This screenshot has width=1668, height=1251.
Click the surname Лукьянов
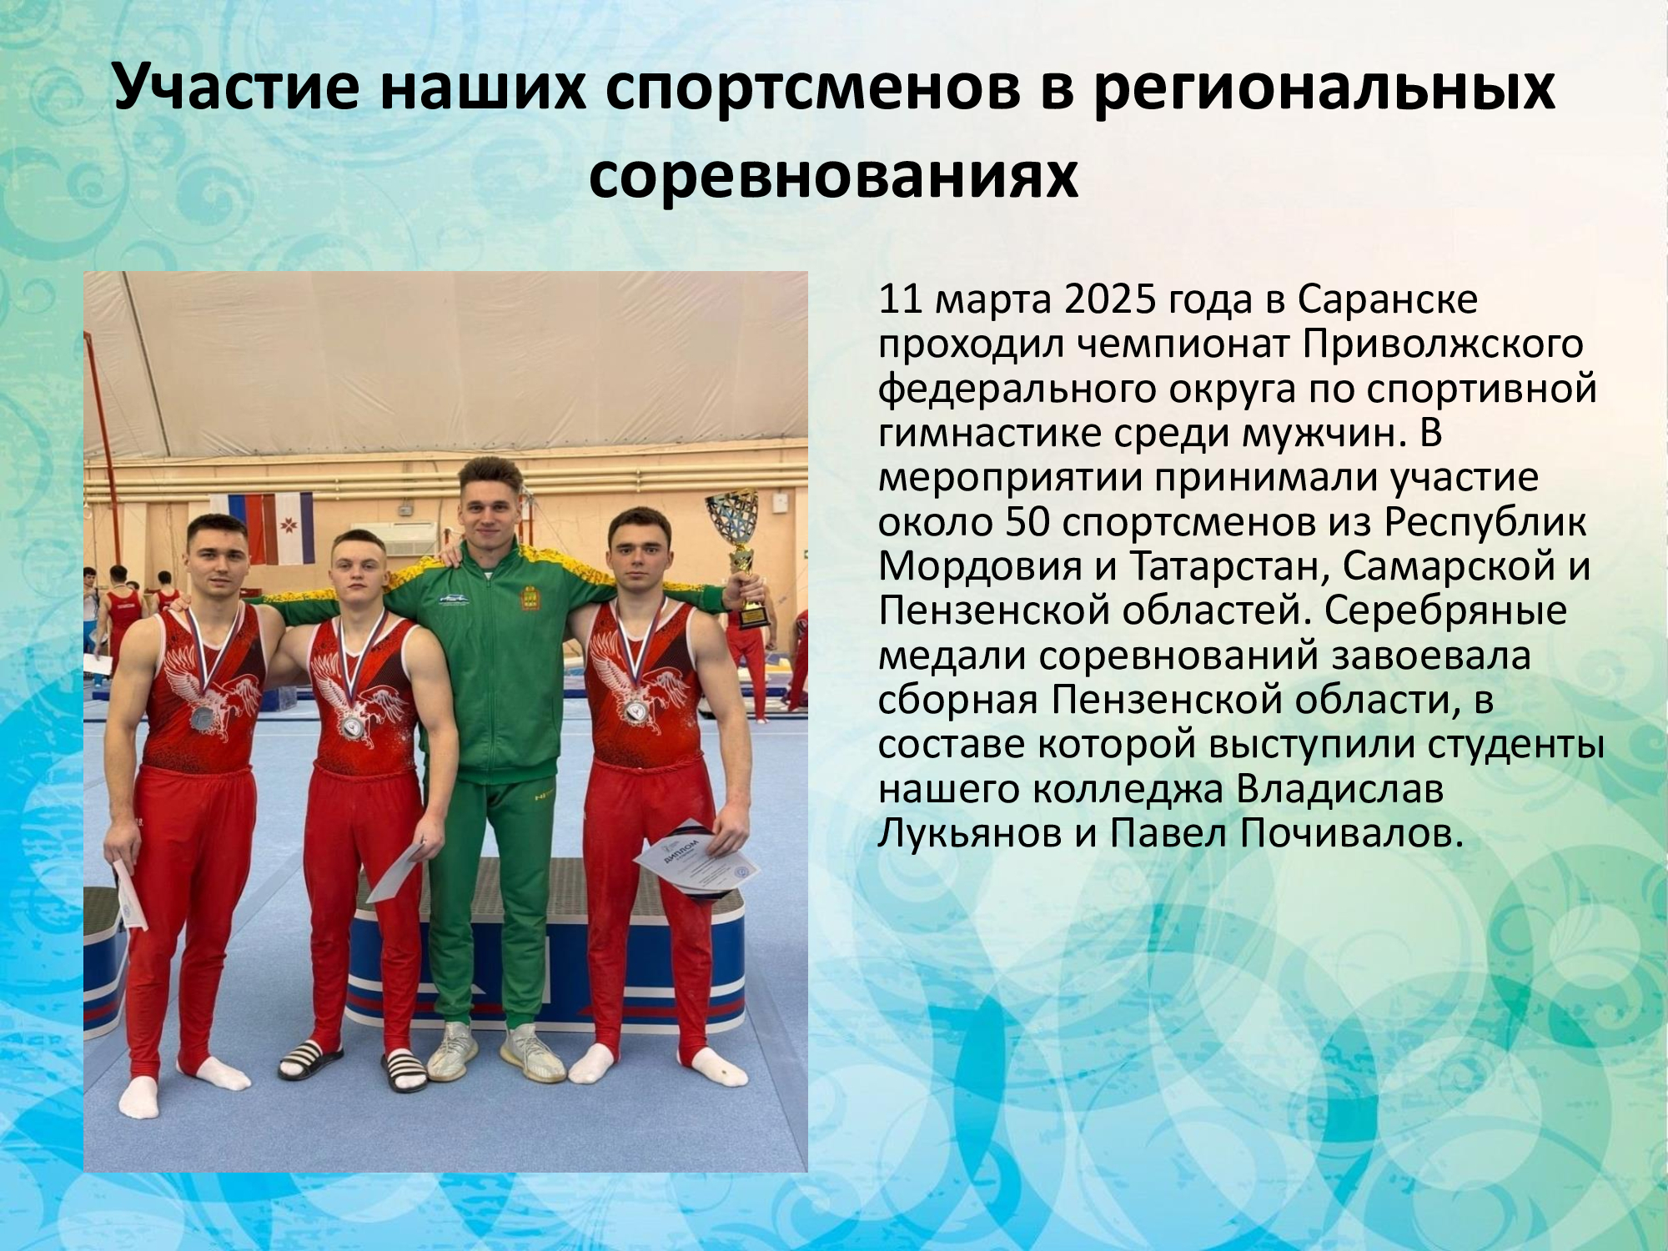pyautogui.click(x=968, y=833)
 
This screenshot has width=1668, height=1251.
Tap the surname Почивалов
pyautogui.click(x=1286, y=833)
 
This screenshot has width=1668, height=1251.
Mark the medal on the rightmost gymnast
pyautogui.click(x=636, y=710)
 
